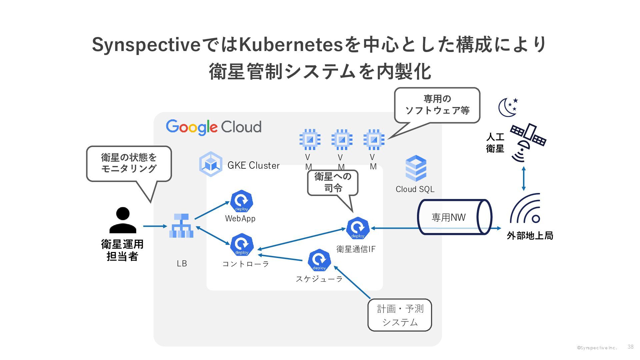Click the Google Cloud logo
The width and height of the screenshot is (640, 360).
tap(214, 127)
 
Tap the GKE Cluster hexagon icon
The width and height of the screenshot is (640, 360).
tap(211, 164)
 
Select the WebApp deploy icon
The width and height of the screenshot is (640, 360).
tap(241, 201)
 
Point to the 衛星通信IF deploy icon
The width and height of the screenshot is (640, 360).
tap(358, 228)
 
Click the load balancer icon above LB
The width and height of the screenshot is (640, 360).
tap(181, 226)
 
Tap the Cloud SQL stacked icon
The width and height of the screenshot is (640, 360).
tap(416, 168)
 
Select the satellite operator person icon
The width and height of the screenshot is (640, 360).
tap(123, 220)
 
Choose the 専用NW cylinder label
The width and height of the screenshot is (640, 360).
tap(448, 218)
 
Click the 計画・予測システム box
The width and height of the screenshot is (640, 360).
tap(400, 315)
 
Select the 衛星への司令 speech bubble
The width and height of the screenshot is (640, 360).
tap(333, 182)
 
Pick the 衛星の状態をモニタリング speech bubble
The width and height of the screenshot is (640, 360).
tap(129, 163)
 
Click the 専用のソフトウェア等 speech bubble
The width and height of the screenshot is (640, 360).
tap(437, 105)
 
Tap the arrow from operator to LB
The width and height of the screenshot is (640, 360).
tap(155, 226)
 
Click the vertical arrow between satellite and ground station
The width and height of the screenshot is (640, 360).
tap(524, 179)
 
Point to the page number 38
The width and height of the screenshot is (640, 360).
tap(630, 347)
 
